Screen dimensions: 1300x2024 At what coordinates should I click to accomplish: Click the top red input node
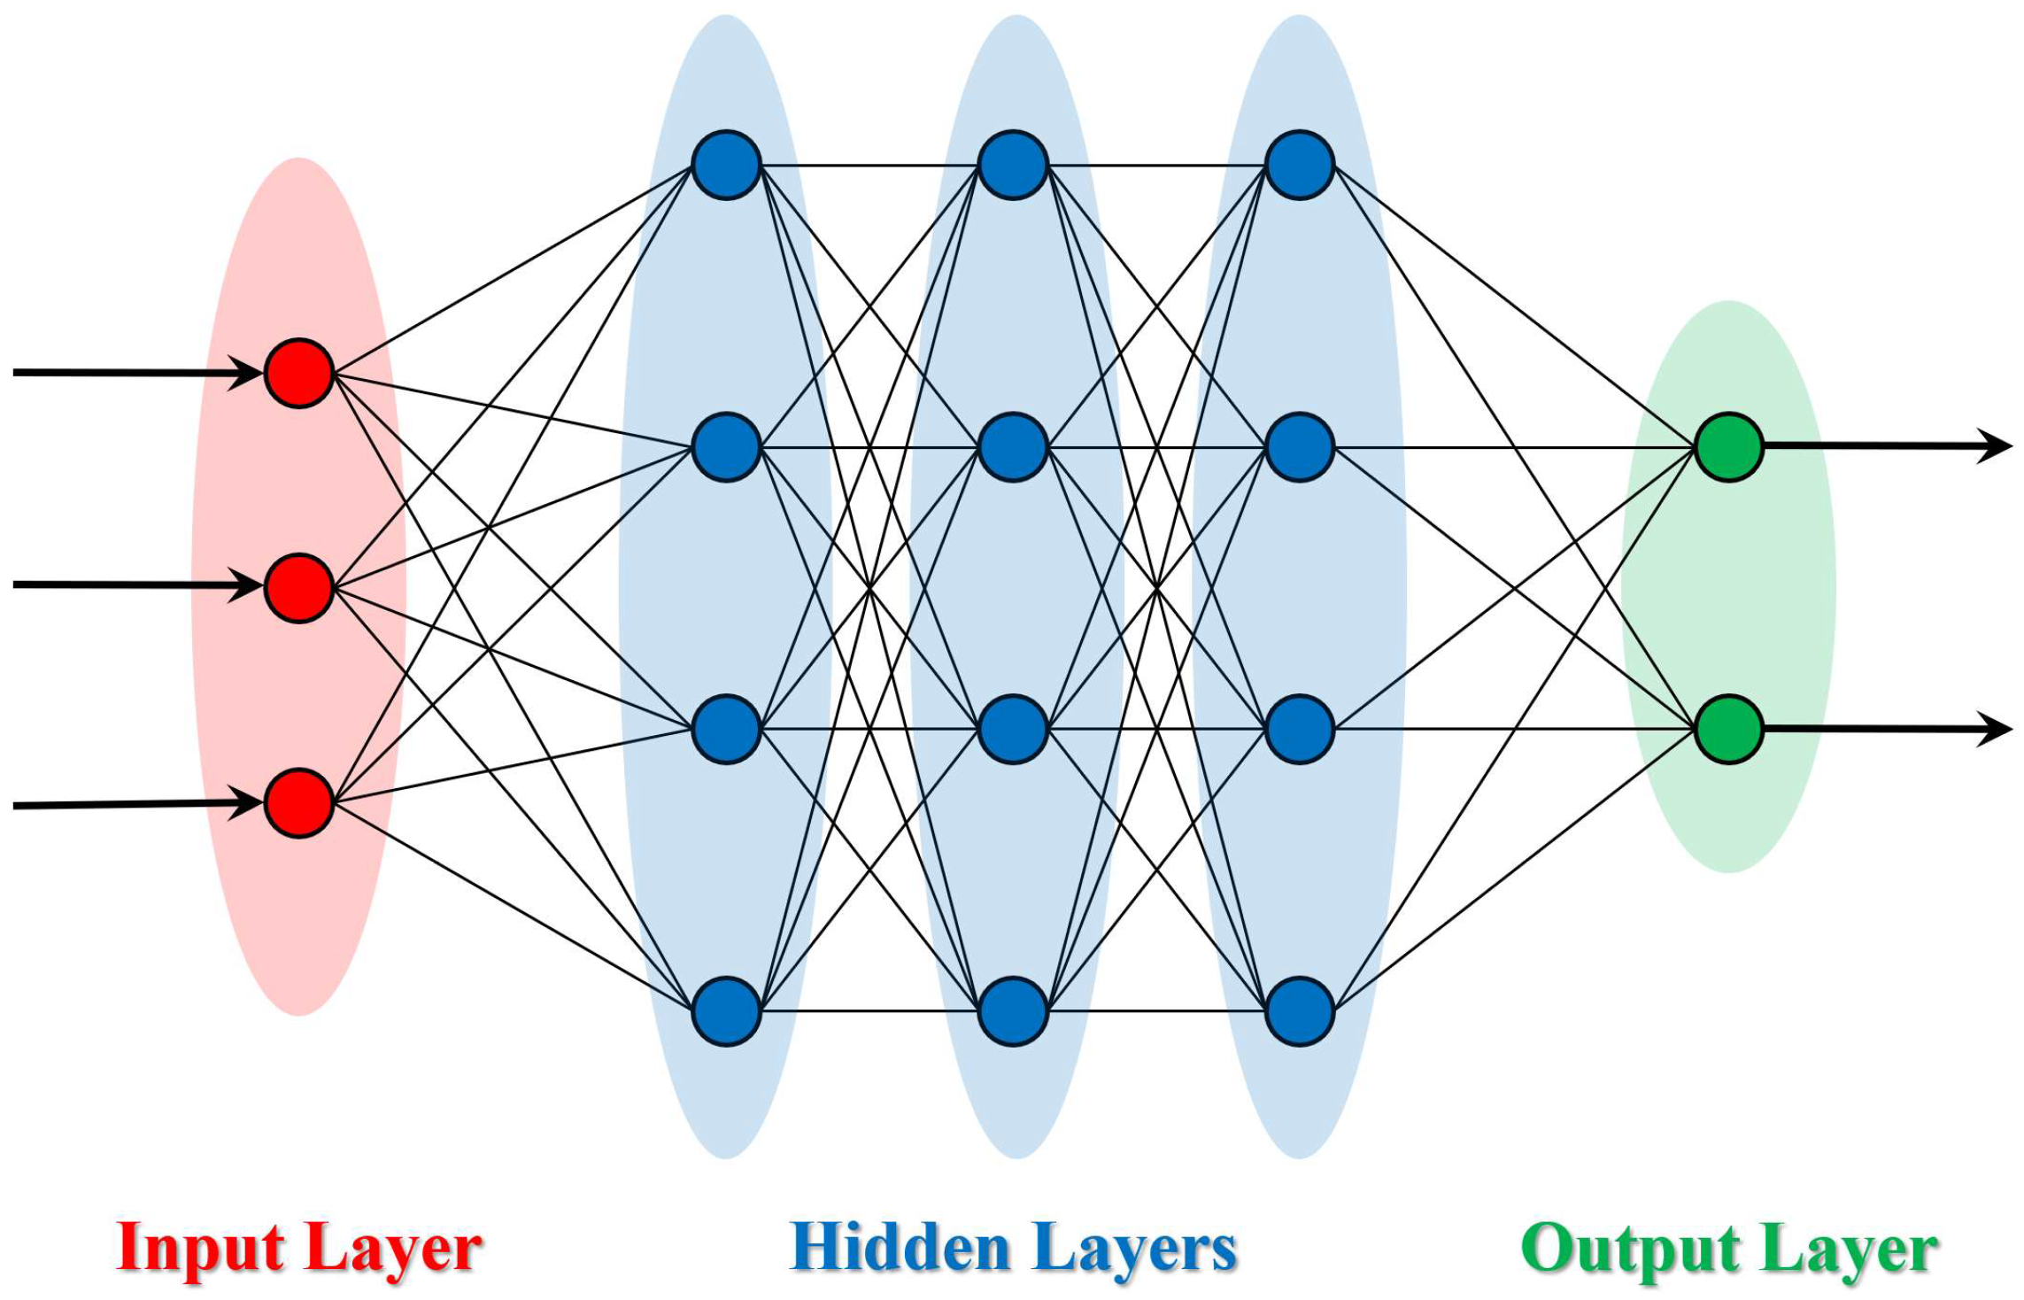(299, 373)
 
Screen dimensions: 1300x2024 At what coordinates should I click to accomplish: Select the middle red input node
(299, 588)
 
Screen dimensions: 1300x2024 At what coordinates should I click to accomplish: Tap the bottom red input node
(299, 803)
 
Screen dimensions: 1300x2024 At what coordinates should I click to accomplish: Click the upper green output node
(1728, 447)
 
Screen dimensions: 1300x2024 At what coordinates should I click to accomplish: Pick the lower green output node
(1728, 729)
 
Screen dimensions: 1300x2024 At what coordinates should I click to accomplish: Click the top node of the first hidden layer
(726, 166)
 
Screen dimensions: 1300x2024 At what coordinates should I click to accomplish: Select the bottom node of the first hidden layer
(726, 1011)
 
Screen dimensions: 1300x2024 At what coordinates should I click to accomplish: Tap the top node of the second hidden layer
(1013, 166)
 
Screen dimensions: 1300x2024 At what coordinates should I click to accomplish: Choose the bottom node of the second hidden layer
(1013, 1011)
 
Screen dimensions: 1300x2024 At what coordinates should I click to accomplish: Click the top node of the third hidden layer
(1299, 166)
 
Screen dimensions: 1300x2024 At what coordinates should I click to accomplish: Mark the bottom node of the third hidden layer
(1299, 1011)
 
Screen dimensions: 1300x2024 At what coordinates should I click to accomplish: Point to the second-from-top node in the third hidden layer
(1299, 447)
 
